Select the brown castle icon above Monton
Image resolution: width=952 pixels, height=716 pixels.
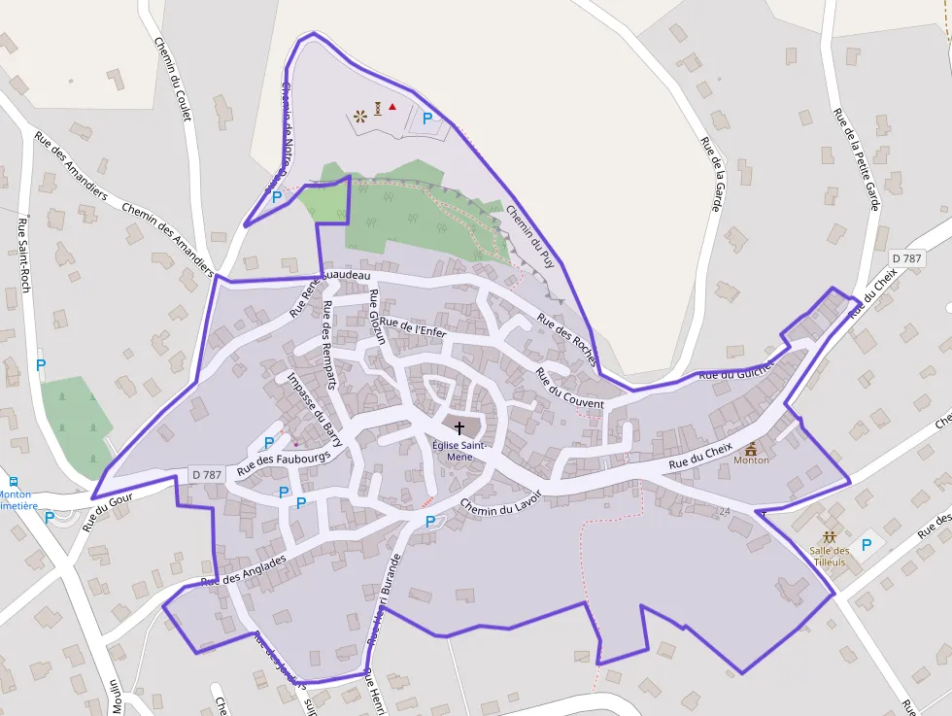751,448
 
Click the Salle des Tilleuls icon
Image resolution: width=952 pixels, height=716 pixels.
829,536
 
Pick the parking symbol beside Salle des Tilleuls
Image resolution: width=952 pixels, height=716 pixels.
867,545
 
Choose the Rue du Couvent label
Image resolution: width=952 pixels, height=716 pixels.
569,390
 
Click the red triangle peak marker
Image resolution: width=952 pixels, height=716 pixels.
392,107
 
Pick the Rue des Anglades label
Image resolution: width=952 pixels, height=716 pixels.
243,570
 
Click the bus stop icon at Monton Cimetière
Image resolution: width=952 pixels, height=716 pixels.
14,481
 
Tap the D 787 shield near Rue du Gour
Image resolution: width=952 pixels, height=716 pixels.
207,475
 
